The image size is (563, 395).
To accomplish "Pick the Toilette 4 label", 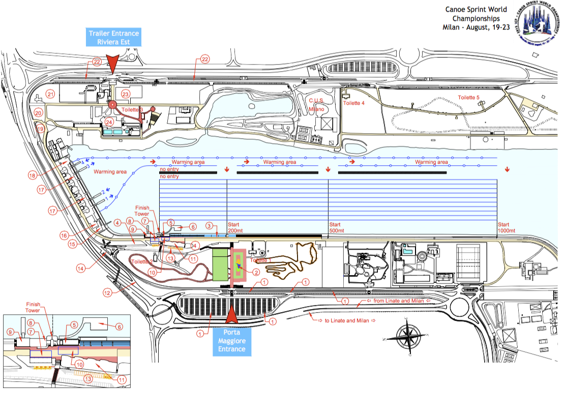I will pyautogui.click(x=354, y=103).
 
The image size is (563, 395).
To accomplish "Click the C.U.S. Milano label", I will pyautogui.click(x=316, y=104).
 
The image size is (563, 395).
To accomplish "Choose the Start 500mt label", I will pyautogui.click(x=336, y=227).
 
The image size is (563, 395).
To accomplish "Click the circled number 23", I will pyautogui.click(x=126, y=94).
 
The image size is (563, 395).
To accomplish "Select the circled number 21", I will pyautogui.click(x=50, y=94).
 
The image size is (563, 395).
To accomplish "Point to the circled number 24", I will pyautogui.click(x=108, y=122).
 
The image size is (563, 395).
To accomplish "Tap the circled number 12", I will pyautogui.click(x=108, y=293).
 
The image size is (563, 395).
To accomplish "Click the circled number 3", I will pyautogui.click(x=209, y=225).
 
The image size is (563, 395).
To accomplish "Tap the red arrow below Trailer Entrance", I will pyautogui.click(x=113, y=65).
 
